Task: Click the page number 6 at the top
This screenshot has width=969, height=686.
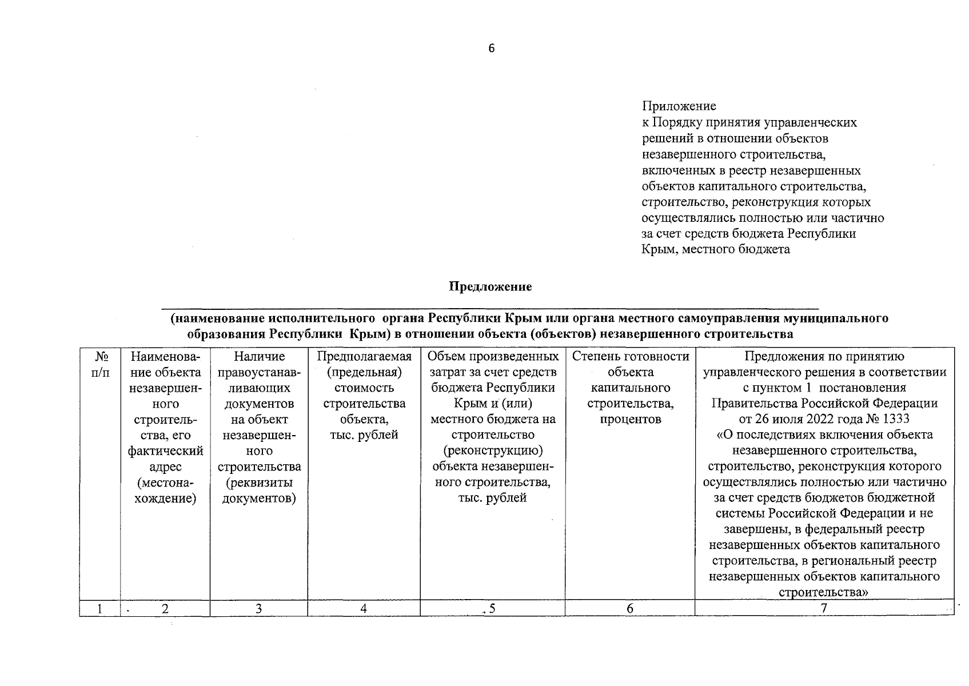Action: pos(491,49)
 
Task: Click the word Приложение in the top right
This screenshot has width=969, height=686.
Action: pos(679,106)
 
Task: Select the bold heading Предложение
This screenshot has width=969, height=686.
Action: pos(491,287)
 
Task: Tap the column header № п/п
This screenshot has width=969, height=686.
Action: pos(100,364)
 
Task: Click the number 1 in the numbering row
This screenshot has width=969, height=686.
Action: pos(100,609)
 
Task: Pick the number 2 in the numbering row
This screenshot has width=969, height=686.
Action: pos(165,609)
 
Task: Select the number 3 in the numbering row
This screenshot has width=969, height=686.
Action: pos(258,609)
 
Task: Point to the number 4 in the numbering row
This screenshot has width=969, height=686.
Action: pos(364,609)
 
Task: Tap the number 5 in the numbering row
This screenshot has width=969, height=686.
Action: pos(492,609)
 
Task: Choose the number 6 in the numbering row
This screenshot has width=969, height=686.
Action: pos(629,609)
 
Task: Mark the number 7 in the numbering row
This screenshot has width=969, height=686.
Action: pos(824,609)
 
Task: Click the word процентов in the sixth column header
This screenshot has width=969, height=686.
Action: pos(630,419)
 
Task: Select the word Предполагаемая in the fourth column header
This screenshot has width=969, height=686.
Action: pos(364,357)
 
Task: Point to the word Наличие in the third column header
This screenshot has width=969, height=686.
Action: pos(259,357)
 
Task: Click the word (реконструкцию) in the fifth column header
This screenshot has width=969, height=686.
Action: pos(492,450)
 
